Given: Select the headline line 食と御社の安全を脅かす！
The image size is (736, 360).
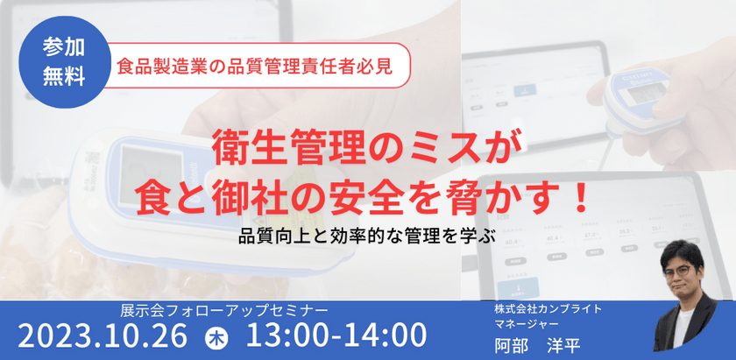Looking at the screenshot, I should pos(366,195).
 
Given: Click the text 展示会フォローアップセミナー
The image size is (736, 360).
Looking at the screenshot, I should pos(225,310).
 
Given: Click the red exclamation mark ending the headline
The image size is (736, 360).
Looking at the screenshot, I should pos(577,195).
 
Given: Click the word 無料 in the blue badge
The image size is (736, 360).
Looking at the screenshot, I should pos(64,77).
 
